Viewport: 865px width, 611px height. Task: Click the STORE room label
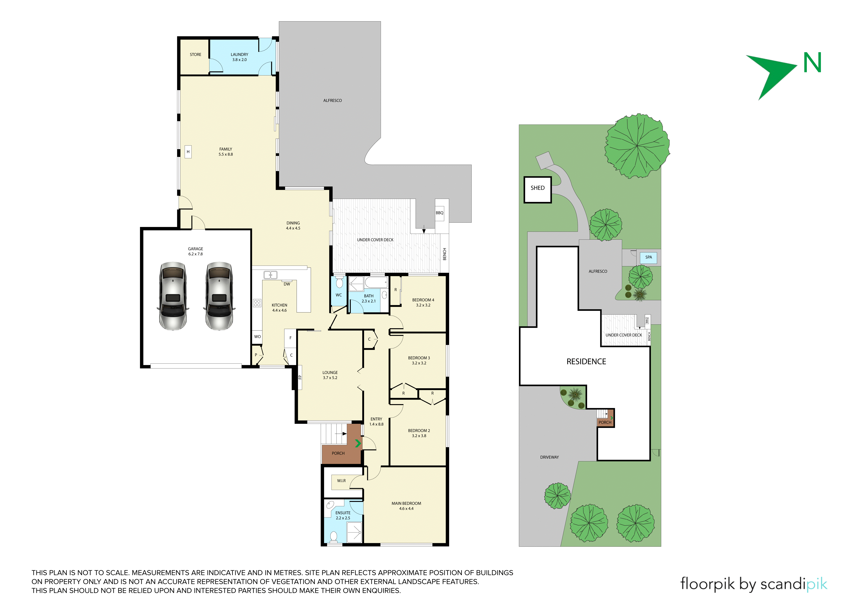196,55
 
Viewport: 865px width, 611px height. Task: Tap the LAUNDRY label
240,55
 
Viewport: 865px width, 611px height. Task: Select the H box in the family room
188,152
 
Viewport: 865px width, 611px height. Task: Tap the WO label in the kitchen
257,337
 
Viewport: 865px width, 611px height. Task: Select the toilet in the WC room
339,282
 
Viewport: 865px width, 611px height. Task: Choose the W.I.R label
341,481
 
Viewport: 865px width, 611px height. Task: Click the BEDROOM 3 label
419,358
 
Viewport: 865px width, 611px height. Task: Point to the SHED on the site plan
538,190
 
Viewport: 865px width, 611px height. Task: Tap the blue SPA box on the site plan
648,258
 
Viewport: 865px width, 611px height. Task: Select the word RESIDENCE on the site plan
586,361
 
